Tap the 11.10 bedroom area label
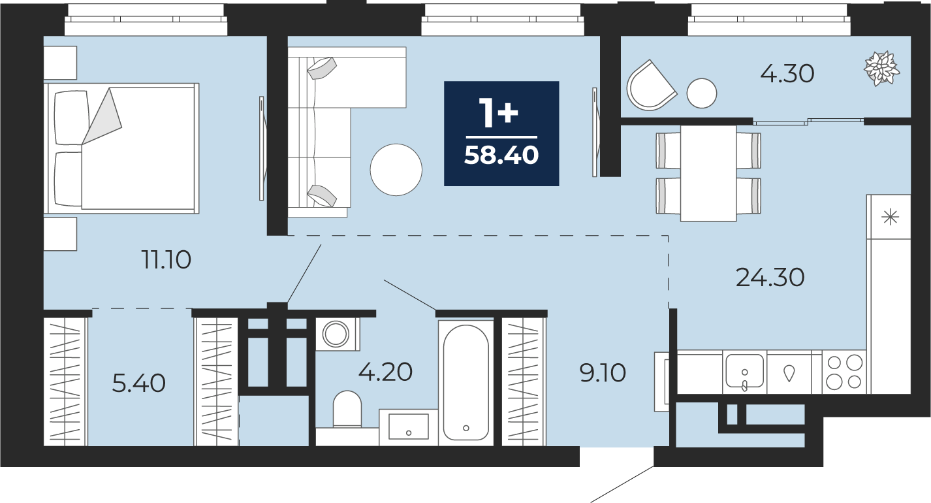click(x=166, y=260)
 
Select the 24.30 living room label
click(x=770, y=278)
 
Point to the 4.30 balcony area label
click(x=787, y=74)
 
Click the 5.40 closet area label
click(x=139, y=383)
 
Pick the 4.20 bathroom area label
click(x=385, y=372)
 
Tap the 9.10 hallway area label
click(x=603, y=373)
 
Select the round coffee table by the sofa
click(x=396, y=170)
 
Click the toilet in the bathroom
click(x=347, y=409)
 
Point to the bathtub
click(x=466, y=383)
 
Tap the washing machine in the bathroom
click(x=336, y=334)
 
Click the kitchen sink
click(x=745, y=372)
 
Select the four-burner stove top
click(x=844, y=372)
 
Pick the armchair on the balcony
click(x=652, y=86)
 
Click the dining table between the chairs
click(x=708, y=173)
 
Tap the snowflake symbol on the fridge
click(x=891, y=218)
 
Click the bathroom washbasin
click(x=409, y=427)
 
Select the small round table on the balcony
click(x=702, y=93)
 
